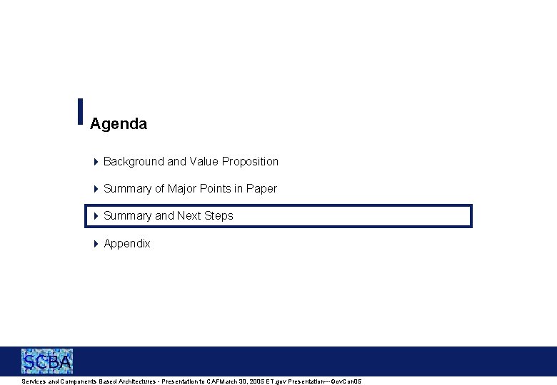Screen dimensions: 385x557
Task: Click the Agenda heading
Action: click(119, 124)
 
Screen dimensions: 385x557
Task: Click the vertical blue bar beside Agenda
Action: click(80, 112)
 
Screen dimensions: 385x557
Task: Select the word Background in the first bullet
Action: click(134, 162)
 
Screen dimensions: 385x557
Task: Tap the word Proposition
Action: click(250, 162)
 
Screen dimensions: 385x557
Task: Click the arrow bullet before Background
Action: click(96, 162)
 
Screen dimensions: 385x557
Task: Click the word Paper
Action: click(261, 189)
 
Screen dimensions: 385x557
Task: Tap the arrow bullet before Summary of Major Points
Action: click(96, 189)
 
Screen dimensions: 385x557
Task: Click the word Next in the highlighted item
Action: click(189, 216)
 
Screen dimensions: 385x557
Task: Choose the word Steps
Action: click(219, 216)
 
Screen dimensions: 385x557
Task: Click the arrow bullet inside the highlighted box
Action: click(96, 216)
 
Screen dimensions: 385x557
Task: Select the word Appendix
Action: click(127, 244)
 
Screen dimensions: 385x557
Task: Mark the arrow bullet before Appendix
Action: click(96, 244)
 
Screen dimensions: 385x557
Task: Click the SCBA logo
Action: click(47, 361)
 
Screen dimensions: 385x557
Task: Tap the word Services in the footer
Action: click(34, 382)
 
